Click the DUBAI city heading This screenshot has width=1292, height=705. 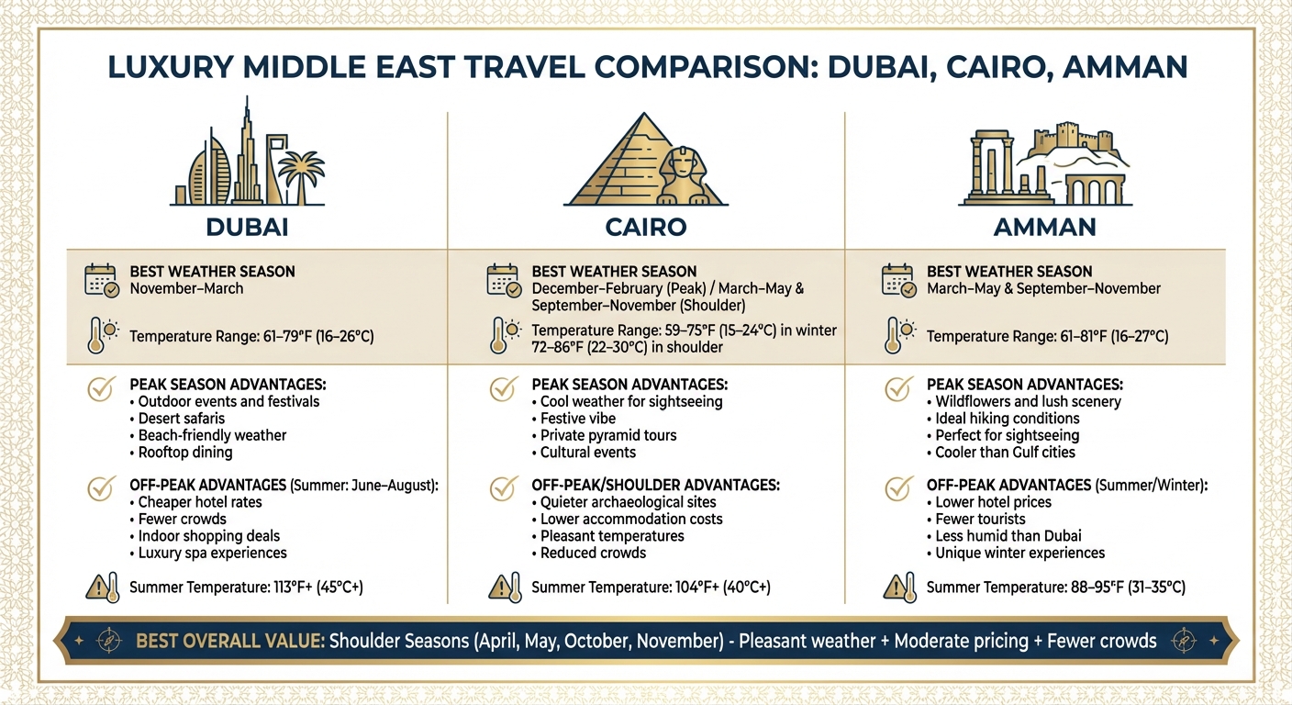[249, 226]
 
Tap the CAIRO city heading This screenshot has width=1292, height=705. [646, 226]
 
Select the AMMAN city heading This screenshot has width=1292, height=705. [1045, 226]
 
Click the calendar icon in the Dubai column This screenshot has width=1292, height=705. [101, 280]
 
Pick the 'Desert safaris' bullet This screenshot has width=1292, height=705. [181, 419]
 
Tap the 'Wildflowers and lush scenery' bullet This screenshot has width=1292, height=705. [1028, 401]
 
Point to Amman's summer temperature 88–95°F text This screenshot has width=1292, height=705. [1055, 587]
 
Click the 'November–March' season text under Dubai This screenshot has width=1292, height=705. [186, 288]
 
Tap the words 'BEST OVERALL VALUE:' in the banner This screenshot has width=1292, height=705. [229, 641]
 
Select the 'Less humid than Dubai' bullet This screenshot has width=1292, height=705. [1008, 536]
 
